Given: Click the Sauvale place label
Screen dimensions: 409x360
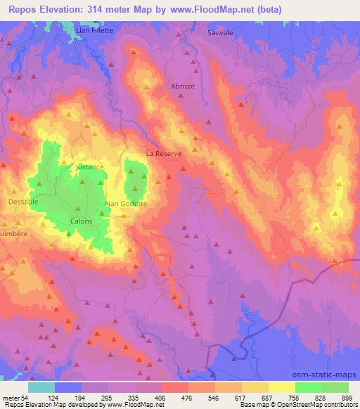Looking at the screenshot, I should click(221, 33).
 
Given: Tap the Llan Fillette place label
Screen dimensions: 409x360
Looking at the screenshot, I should click(90, 30).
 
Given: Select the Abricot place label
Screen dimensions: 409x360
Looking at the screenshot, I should click(183, 86).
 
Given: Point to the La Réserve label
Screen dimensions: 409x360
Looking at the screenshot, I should click(163, 153).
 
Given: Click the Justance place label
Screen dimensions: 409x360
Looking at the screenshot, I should click(89, 167).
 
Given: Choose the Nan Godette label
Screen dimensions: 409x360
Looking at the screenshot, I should click(126, 204).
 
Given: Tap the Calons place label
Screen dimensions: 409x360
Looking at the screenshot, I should click(82, 221).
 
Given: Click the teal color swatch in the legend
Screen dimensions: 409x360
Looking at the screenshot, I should click(41, 387).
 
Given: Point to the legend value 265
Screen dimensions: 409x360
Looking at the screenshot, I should click(108, 397).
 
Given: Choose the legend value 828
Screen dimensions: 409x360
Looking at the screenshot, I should click(321, 397).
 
